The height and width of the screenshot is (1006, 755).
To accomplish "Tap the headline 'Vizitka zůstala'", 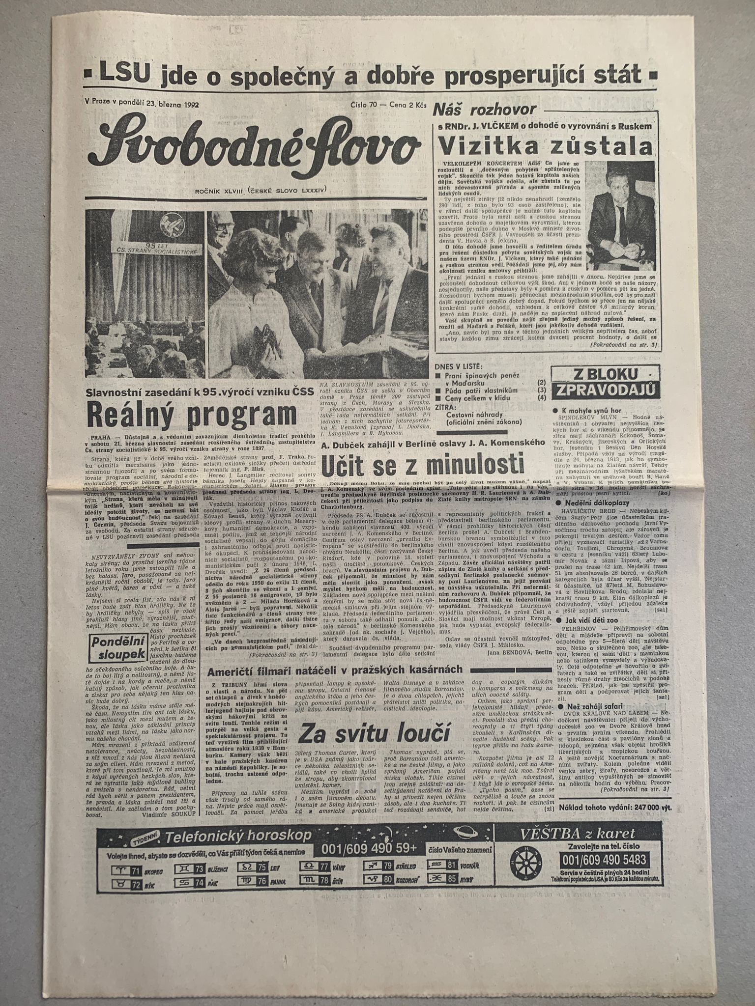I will (x=546, y=146).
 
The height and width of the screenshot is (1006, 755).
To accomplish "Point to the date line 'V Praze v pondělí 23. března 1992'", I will (x=138, y=104).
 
